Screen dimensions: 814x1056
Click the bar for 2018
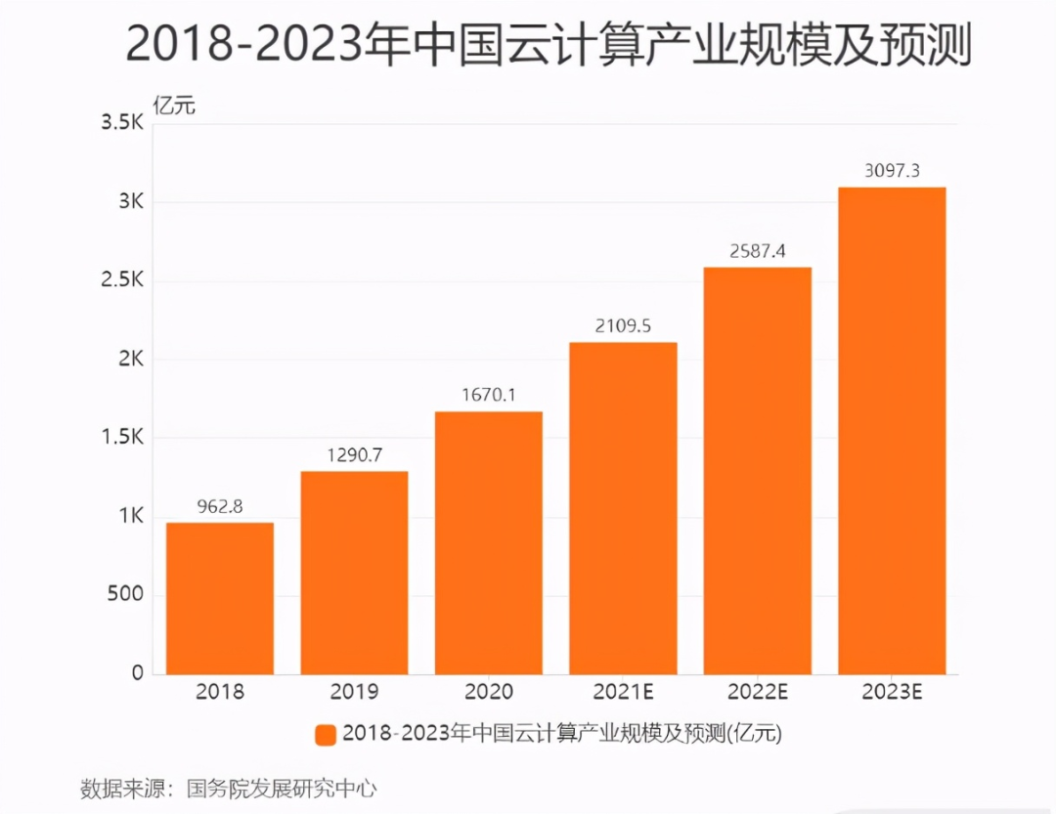220,598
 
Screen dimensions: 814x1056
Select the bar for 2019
354,573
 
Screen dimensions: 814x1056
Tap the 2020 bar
488,542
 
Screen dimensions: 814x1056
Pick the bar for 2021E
623,508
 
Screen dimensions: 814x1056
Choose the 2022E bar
757,470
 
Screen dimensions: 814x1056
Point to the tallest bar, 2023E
892,430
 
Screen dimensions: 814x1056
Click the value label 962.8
220,507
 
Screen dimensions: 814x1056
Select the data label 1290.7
354,455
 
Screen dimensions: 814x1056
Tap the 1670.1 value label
488,396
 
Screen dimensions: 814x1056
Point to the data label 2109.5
623,326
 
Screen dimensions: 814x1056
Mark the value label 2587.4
757,251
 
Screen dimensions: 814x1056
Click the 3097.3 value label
892,171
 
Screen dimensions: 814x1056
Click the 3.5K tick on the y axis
121,124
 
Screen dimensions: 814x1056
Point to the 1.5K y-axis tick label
121,438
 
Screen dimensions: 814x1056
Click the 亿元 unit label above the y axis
175,105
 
